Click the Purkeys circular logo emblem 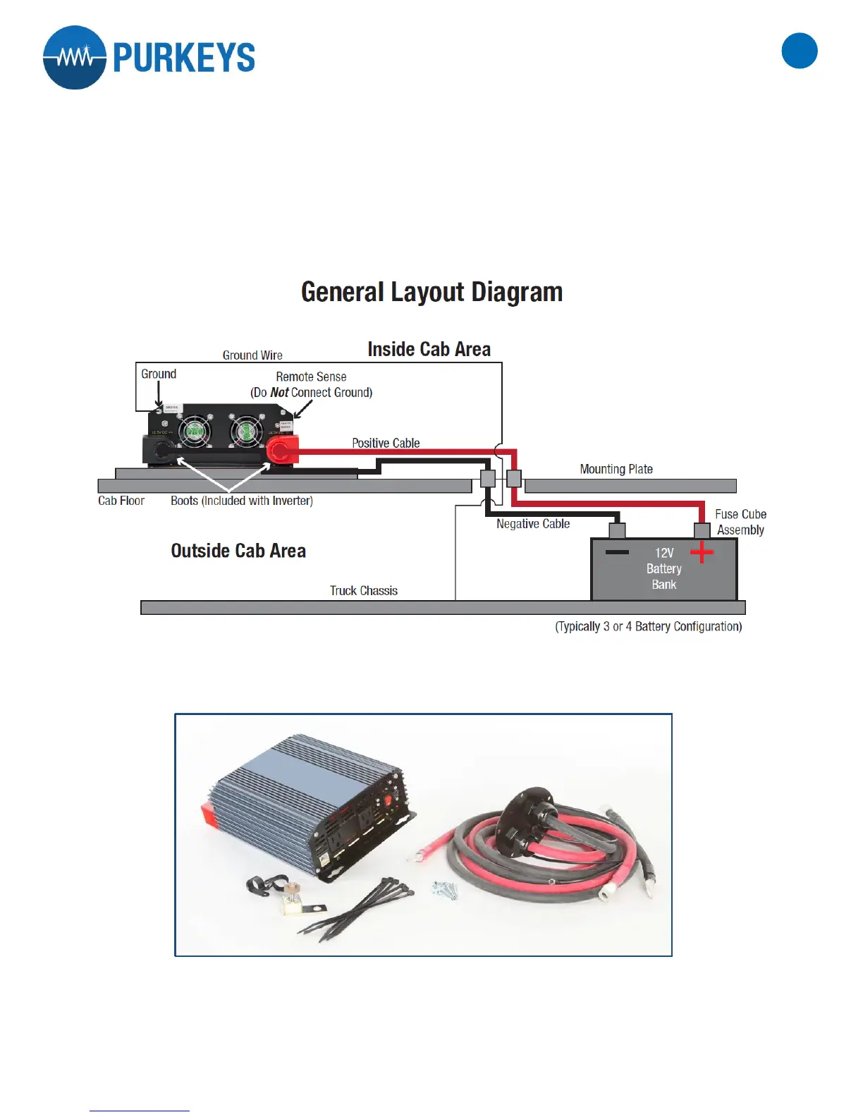click(75, 58)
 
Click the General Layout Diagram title click(432, 292)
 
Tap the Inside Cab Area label click(429, 349)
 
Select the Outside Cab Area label click(238, 551)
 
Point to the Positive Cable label click(386, 443)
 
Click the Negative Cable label click(532, 524)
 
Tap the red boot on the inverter click(281, 449)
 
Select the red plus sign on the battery click(702, 551)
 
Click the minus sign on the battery click(617, 551)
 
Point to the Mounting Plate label click(616, 469)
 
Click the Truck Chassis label click(363, 591)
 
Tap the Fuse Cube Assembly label click(740, 522)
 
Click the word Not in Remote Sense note click(279, 393)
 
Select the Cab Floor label click(121, 501)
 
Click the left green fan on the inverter click(194, 431)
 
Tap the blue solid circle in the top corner click(800, 51)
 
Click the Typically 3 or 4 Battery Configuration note click(648, 626)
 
